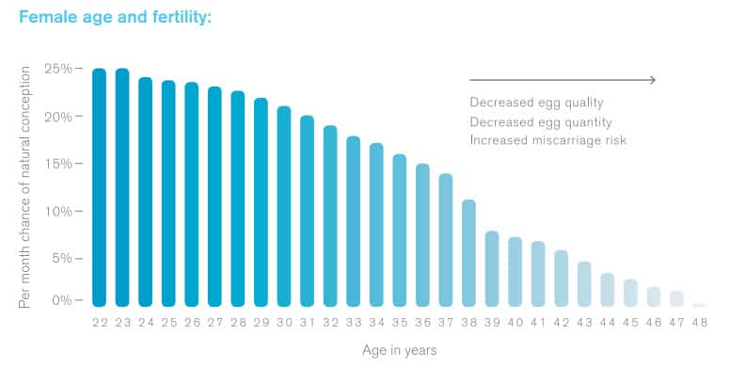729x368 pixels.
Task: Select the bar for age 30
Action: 284,206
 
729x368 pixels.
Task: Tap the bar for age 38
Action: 468,253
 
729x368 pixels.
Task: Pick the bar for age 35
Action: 400,230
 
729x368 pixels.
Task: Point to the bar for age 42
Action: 561,278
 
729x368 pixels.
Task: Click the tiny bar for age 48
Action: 699,304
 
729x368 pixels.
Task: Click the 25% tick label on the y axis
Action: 57,69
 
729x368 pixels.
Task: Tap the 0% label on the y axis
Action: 61,300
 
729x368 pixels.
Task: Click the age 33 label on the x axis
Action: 354,322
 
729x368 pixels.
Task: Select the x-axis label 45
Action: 630,322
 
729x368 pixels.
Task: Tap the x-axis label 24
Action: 146,322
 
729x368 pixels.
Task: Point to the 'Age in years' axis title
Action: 399,350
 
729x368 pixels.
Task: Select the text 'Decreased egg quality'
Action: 536,103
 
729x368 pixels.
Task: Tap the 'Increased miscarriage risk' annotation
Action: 547,140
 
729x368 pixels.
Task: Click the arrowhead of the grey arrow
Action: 651,80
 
